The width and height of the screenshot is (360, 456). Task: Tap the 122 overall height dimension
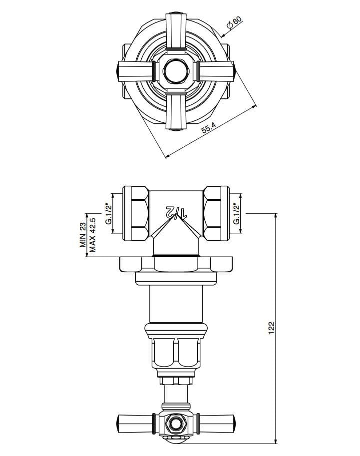coord(272,328)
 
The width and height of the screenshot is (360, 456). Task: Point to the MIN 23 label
coord(82,236)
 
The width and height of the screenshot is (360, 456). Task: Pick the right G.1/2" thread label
coord(237,213)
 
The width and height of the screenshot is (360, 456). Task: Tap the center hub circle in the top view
coord(175,70)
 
